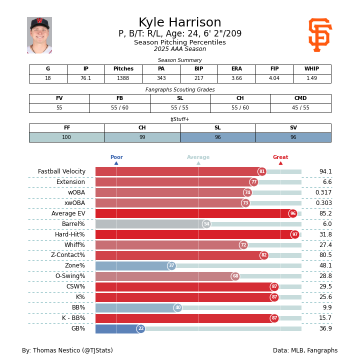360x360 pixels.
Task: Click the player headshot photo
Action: point(39,35)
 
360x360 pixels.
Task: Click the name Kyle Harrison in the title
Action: point(180,23)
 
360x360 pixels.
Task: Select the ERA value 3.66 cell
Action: point(236,78)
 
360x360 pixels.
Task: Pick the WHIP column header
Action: point(312,69)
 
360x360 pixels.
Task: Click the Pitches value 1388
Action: point(123,78)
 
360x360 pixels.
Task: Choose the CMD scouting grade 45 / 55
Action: point(300,108)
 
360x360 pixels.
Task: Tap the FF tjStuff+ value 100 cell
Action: point(66,137)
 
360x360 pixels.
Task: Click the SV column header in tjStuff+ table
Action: point(293,128)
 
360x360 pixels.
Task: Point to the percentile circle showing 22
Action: point(141,329)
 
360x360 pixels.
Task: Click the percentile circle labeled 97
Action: point(295,234)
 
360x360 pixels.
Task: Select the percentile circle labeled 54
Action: point(206,224)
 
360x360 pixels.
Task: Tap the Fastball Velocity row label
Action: point(61,171)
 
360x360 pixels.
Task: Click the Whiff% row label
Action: point(74,245)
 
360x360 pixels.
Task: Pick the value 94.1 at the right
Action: point(325,171)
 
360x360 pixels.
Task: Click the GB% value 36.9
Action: point(325,329)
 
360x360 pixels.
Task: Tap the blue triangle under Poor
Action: point(116,163)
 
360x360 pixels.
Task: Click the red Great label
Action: point(280,157)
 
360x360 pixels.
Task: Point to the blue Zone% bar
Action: point(133,266)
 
